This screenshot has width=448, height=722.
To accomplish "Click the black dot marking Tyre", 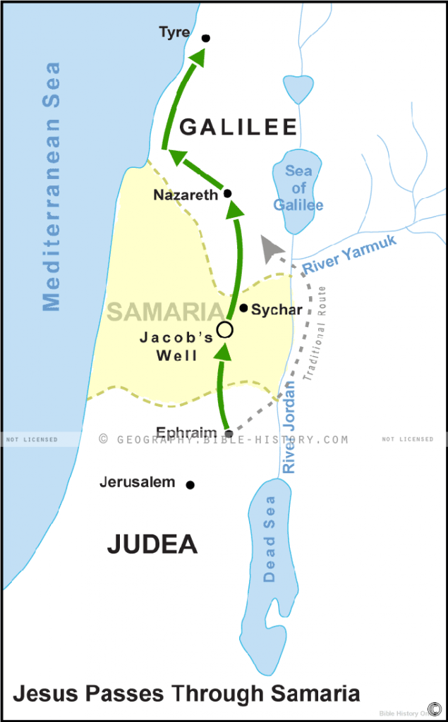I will pyautogui.click(x=206, y=38).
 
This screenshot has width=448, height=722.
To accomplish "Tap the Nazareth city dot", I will pyautogui.click(x=227, y=193).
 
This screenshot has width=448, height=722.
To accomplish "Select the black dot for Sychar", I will pyautogui.click(x=243, y=308).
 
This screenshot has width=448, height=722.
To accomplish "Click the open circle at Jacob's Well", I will pyautogui.click(x=224, y=329).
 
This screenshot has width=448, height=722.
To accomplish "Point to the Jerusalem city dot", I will pyautogui.click(x=190, y=484).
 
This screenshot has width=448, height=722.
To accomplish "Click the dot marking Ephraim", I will pyautogui.click(x=228, y=434).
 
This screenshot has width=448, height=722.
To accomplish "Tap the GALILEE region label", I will pyautogui.click(x=238, y=126).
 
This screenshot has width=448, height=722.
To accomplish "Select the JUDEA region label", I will pyautogui.click(x=152, y=544).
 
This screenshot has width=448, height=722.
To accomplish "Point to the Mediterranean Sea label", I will pyautogui.click(x=52, y=187).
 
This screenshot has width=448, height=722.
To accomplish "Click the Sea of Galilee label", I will pyautogui.click(x=298, y=188).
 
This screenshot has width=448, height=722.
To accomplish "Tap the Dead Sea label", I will pyautogui.click(x=270, y=539).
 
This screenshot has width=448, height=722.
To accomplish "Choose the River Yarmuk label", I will pyautogui.click(x=350, y=254).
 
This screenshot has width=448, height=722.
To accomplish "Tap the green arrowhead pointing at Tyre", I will pyautogui.click(x=198, y=58).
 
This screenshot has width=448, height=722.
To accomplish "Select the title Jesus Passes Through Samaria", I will pyautogui.click(x=186, y=693).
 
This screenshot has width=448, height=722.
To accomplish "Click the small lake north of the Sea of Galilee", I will pyautogui.click(x=298, y=88).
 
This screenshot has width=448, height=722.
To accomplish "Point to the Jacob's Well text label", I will pyautogui.click(x=176, y=346).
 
